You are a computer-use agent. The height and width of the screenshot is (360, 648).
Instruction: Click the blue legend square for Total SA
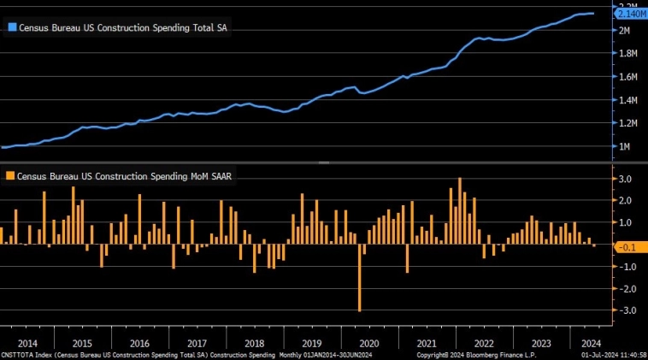[11, 27]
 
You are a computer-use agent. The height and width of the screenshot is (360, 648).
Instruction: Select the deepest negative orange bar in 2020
[360, 278]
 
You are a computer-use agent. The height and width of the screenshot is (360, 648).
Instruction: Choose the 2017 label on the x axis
[197, 342]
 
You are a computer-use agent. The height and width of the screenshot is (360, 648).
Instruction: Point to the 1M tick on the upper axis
[624, 147]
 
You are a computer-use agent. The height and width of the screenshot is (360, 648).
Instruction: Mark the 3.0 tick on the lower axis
[626, 179]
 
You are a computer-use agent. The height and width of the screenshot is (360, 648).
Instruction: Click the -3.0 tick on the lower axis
[625, 311]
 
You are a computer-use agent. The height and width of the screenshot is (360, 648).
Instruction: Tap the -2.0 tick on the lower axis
[625, 289]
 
